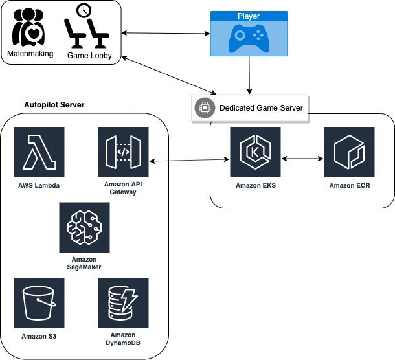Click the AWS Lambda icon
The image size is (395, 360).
coord(39,152)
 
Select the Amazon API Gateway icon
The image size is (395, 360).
coord(123,152)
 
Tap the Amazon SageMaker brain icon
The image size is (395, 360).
coord(84,227)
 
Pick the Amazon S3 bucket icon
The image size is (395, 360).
coord(39,303)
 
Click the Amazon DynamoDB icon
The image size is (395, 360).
coord(123,303)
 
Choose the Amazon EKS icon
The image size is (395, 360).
coord(255,152)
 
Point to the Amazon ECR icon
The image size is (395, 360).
coord(349,152)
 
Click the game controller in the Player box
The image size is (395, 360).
coord(249,38)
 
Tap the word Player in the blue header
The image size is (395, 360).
coord(249,16)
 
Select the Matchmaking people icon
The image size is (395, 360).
coord(28,27)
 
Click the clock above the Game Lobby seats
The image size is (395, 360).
coord(84,10)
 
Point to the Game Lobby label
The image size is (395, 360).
coord(89,56)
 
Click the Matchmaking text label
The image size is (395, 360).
coord(30,54)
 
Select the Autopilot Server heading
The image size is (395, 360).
coord(54,105)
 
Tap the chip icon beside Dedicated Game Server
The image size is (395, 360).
coord(205,108)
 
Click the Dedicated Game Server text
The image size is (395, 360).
coord(261,108)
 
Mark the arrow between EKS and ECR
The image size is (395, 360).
coord(302,159)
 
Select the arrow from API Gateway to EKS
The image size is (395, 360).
coord(190,160)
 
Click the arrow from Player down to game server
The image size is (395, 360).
coord(249,75)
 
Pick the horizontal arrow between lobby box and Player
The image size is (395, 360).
coord(166,33)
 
